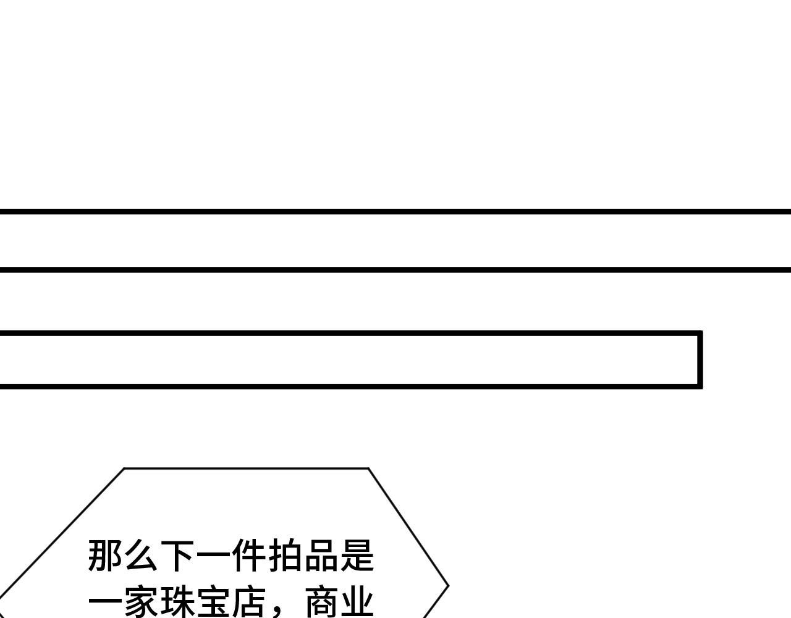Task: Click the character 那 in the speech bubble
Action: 106,556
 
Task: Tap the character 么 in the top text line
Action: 142,556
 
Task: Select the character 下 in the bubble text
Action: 177,556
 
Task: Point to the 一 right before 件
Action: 213,556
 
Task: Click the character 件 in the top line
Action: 249,556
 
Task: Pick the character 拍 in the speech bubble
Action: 285,556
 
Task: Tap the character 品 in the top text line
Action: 321,556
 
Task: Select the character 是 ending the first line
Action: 357,556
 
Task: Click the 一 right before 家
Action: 106,603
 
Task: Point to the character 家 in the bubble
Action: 142,603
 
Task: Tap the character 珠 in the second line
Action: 177,603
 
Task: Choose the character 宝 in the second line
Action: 213,603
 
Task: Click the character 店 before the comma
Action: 249,603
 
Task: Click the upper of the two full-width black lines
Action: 395,211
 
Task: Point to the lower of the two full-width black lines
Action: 395,269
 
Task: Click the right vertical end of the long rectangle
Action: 700,360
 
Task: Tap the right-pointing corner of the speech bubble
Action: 447,586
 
